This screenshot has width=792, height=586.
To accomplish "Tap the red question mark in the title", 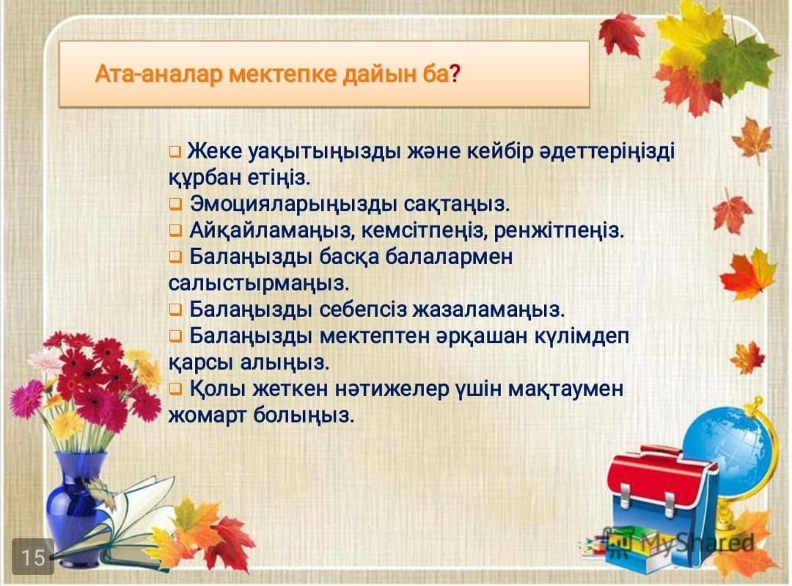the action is pyautogui.click(x=455, y=75).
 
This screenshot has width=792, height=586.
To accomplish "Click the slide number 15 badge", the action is pyautogui.click(x=33, y=557).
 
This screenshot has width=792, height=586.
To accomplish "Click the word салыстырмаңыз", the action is pyautogui.click(x=258, y=283).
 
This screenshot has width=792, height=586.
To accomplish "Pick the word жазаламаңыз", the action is pyautogui.click(x=488, y=310).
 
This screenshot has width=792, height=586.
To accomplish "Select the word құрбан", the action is pyautogui.click(x=205, y=177).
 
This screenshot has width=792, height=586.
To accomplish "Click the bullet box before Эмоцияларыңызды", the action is pyautogui.click(x=175, y=205).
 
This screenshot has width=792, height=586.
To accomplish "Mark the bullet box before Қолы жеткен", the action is pyautogui.click(x=175, y=389).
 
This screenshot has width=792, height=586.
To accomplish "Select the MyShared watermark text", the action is pyautogui.click(x=697, y=543).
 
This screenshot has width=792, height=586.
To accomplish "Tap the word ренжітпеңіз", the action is pyautogui.click(x=559, y=230).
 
